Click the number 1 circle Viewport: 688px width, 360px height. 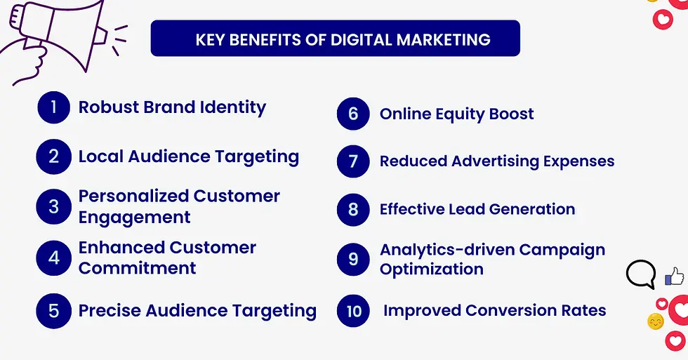point(54,107)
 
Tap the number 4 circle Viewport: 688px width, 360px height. point(54,258)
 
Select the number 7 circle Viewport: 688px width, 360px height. point(353,161)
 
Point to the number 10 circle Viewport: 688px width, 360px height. point(353,310)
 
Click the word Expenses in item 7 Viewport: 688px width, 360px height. point(575,161)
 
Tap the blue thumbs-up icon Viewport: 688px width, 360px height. point(675,276)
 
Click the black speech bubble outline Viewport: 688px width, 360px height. point(640,274)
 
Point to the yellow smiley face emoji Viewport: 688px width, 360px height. point(656,322)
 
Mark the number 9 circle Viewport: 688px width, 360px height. point(353,259)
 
